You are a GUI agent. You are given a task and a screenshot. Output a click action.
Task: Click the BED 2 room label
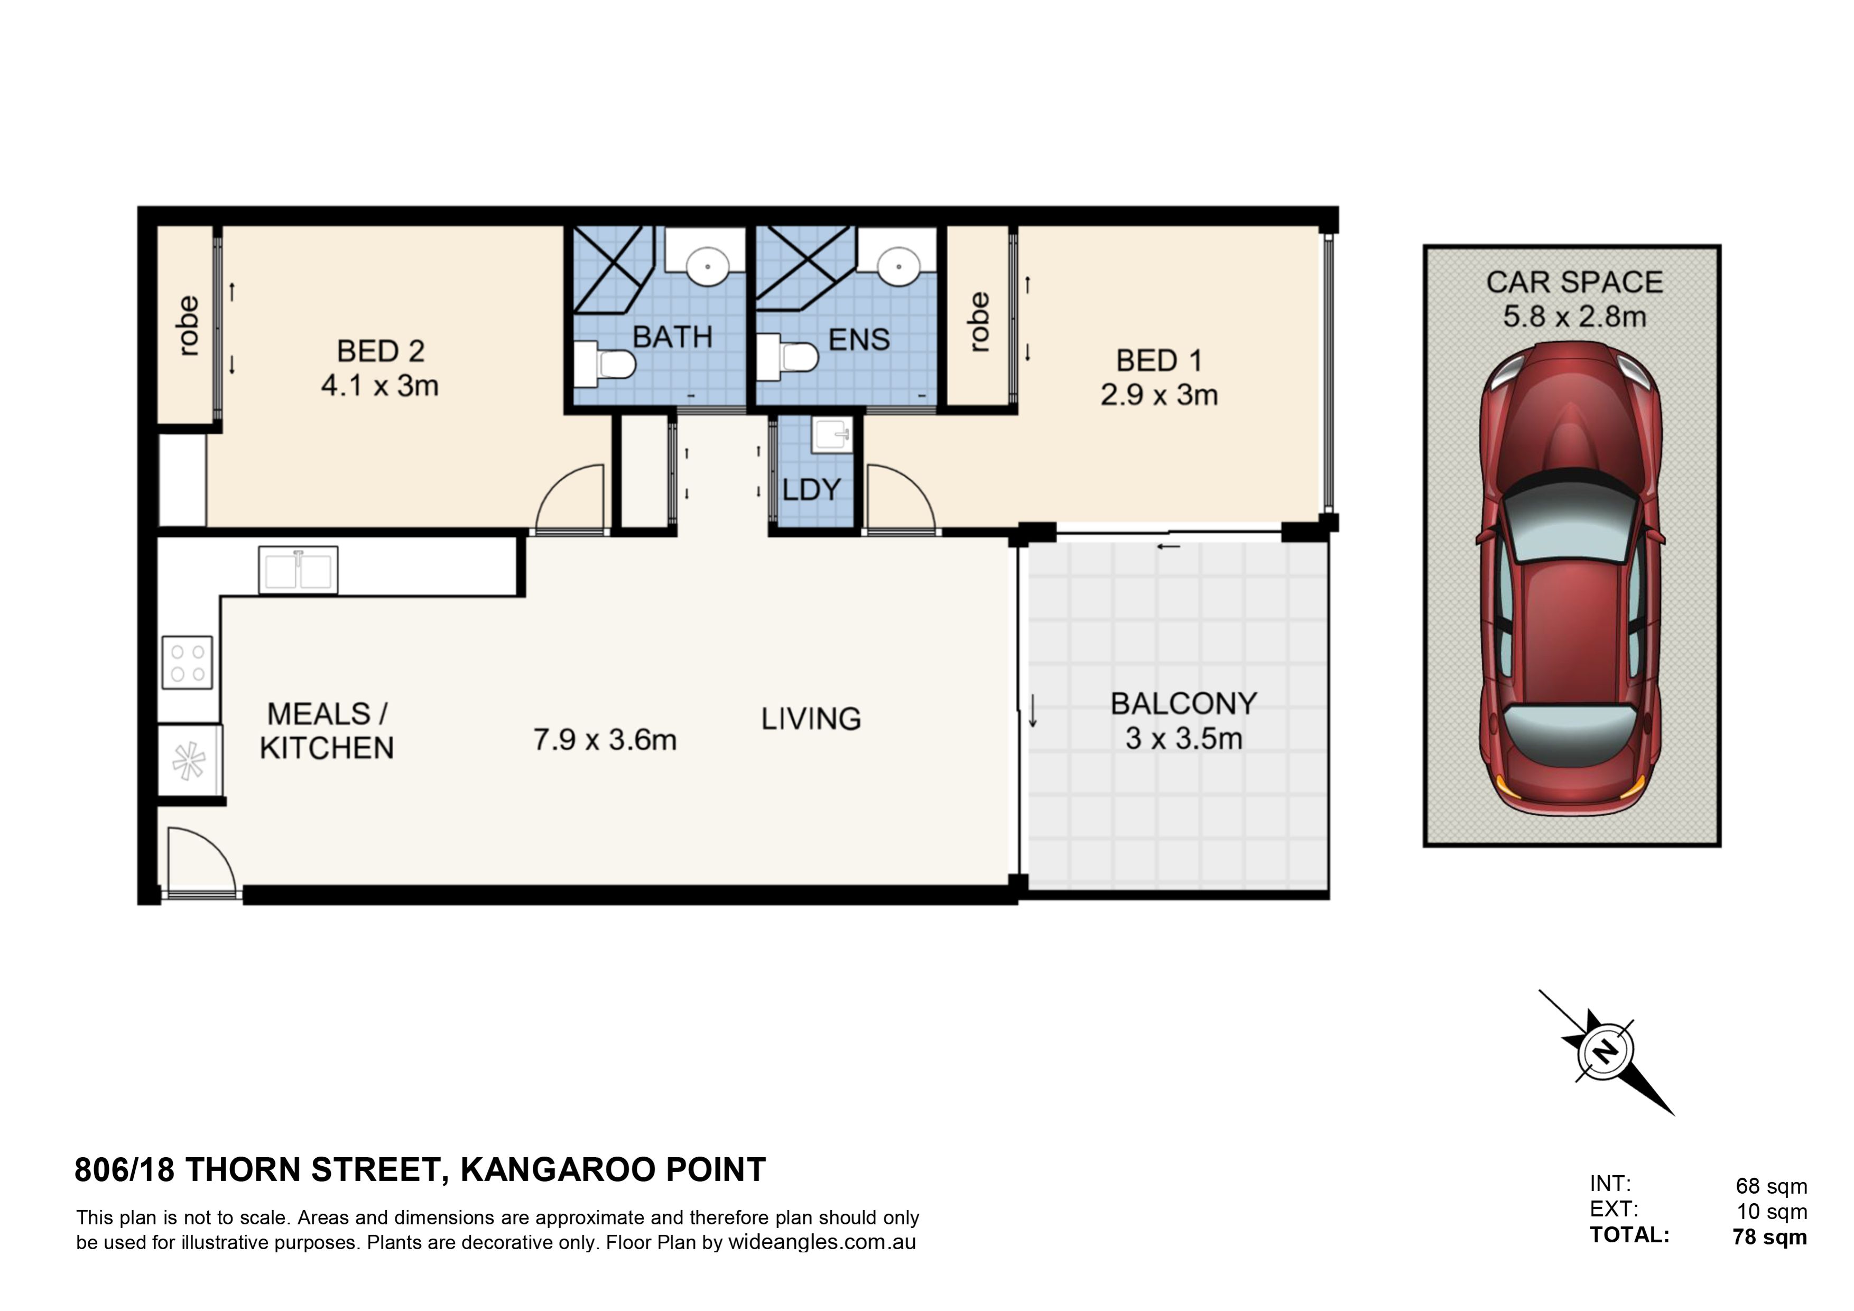click(x=381, y=351)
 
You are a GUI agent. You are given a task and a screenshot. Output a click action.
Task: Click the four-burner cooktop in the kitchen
click(x=187, y=663)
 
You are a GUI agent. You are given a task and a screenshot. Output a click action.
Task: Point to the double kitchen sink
click(x=298, y=570)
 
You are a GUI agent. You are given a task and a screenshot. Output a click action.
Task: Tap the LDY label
click(x=812, y=489)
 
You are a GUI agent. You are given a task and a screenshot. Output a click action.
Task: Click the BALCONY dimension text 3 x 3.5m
click(x=1184, y=739)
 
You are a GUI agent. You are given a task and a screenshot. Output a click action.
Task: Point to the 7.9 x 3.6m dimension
click(x=605, y=739)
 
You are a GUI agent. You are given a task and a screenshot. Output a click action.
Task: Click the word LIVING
click(x=811, y=719)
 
